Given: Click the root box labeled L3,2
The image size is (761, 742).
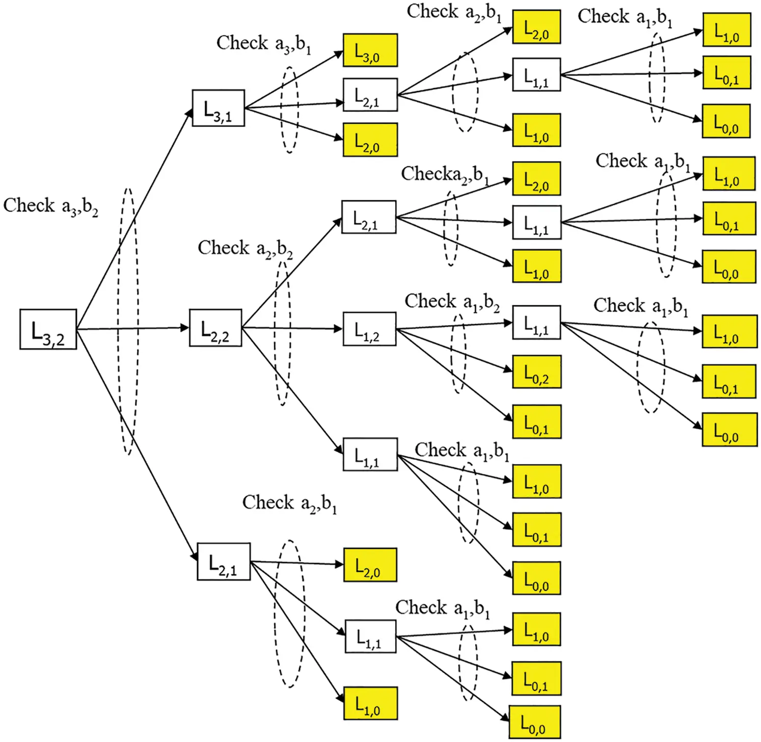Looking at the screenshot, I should tap(48, 329).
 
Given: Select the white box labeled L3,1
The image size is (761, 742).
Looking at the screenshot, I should tap(218, 108).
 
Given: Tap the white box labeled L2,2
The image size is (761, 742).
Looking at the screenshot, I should tap(215, 328).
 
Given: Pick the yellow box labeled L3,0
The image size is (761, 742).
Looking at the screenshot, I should tap(370, 50).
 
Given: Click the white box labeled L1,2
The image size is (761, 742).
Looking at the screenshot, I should tap(369, 329).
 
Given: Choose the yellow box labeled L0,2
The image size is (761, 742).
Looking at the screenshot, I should tap(536, 372).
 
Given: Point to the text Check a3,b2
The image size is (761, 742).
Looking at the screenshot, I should tap(50, 206).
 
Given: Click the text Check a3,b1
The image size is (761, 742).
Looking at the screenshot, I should tap(263, 44).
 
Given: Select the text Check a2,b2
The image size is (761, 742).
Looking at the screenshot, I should tap(245, 249).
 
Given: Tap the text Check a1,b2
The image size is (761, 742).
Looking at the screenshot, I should tap(452, 302).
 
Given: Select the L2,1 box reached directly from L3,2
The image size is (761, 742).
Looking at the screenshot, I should tap(224, 562).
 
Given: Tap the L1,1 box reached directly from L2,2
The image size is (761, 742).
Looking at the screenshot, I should tap(369, 455).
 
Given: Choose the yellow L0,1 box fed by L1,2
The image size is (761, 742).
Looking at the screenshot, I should tap(536, 422).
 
